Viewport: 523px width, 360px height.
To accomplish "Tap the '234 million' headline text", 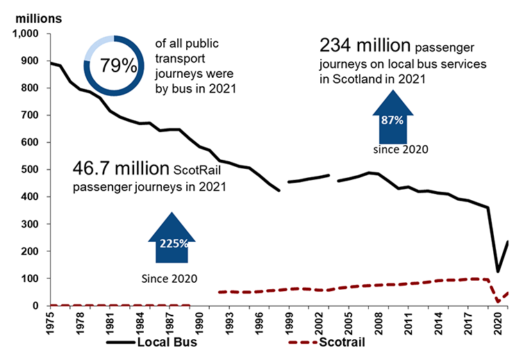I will [365, 47].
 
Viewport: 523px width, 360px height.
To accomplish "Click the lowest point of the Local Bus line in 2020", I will [497, 271].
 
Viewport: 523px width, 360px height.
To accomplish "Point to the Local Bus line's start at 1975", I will [51, 63].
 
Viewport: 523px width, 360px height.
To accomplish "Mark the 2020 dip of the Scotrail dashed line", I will [497, 301].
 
